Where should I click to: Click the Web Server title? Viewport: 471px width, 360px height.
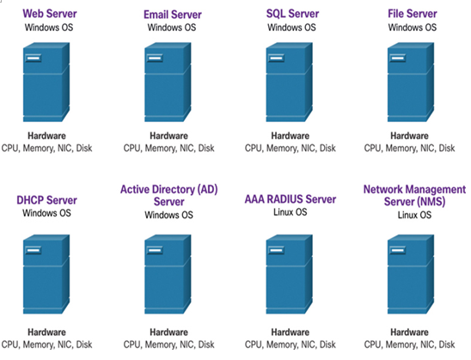click(50, 14)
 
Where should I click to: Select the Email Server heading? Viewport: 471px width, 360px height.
click(173, 15)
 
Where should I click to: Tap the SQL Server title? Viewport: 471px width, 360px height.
click(292, 14)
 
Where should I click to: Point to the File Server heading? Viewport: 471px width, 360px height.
click(413, 14)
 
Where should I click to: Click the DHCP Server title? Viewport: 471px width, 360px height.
click(47, 200)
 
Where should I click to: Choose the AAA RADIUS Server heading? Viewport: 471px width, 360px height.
click(291, 199)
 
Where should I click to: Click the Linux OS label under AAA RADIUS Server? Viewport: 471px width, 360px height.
click(291, 212)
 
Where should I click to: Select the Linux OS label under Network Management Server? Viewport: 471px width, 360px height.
click(414, 215)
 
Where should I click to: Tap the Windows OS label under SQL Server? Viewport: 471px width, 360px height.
click(291, 27)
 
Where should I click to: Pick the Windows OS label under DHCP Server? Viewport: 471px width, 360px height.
click(46, 213)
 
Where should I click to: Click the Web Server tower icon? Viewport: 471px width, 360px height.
click(46, 82)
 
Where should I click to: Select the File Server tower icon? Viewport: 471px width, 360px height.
click(411, 82)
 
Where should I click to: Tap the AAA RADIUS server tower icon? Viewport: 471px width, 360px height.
click(290, 274)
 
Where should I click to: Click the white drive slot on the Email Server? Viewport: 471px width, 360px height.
click(155, 58)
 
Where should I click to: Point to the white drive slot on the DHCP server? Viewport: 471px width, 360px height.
click(34, 250)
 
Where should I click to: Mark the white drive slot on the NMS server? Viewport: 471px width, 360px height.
click(398, 250)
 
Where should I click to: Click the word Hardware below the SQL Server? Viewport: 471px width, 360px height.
click(291, 136)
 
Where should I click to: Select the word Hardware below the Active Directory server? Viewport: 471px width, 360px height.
click(168, 333)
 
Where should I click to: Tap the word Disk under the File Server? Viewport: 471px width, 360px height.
click(447, 149)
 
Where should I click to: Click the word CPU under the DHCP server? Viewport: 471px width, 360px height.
click(10, 345)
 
